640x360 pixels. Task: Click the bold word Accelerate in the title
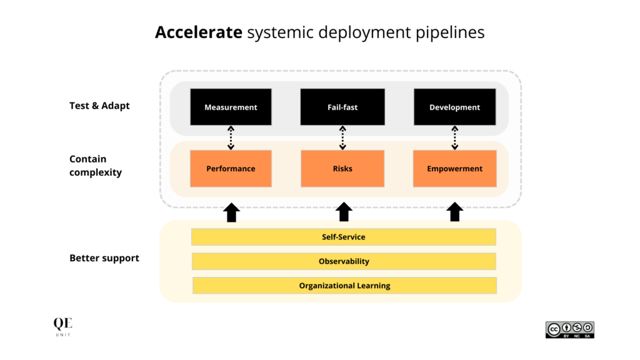pos(199,32)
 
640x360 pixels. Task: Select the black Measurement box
pos(231,107)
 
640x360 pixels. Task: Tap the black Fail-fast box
pos(342,107)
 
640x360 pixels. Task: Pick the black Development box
pos(454,107)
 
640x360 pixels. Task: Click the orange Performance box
pos(231,169)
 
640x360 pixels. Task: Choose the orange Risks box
pos(342,169)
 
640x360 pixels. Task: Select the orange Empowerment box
pos(454,169)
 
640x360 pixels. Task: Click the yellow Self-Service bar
pos(343,237)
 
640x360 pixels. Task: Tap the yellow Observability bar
pos(343,261)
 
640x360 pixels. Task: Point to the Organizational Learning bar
pos(344,286)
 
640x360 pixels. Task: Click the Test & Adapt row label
pos(99,106)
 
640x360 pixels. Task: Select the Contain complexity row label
pos(96,166)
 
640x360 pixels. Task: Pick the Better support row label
pos(104,258)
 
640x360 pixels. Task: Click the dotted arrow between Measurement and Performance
pos(231,138)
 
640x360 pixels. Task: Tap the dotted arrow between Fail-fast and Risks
pos(342,138)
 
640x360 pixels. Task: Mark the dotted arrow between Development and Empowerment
pos(454,138)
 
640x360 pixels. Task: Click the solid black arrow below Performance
pos(231,212)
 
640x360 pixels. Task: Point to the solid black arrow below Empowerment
pos(455,212)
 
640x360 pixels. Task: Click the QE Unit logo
pos(62,327)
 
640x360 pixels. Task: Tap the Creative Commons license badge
pos(569,330)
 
